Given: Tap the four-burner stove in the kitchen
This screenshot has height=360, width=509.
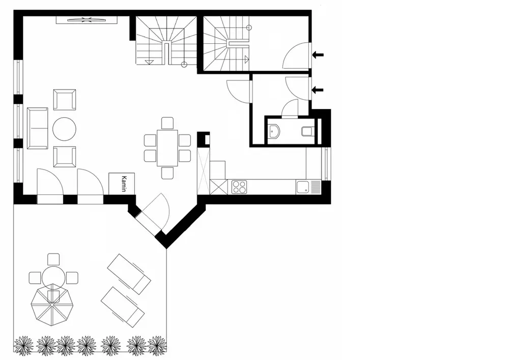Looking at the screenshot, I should [239, 187].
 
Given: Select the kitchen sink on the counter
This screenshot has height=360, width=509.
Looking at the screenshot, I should [302, 187].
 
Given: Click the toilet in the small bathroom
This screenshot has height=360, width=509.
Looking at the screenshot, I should [307, 131].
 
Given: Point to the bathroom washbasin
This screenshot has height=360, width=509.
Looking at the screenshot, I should [275, 131].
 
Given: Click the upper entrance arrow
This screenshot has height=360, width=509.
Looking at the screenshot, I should [318, 54].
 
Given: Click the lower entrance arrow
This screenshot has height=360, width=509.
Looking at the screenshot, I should [318, 90].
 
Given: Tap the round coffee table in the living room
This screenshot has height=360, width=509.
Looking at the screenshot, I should [65, 129].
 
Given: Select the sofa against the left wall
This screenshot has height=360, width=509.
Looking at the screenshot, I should [37, 128].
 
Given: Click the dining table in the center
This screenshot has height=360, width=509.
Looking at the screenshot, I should [167, 148].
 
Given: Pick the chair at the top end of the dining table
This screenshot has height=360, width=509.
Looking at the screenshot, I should [167, 123].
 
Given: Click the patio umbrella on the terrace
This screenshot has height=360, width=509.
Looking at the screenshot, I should [52, 308].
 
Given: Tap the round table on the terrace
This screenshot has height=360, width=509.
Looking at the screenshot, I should [53, 278].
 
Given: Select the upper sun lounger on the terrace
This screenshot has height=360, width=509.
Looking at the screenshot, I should [129, 273].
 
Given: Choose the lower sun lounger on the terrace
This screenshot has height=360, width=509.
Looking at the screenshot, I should [123, 307].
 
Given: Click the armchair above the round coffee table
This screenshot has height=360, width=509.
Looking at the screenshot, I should [65, 100].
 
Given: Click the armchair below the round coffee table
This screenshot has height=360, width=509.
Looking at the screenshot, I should [65, 157].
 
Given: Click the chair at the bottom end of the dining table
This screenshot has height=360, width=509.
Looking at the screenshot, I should [167, 173].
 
